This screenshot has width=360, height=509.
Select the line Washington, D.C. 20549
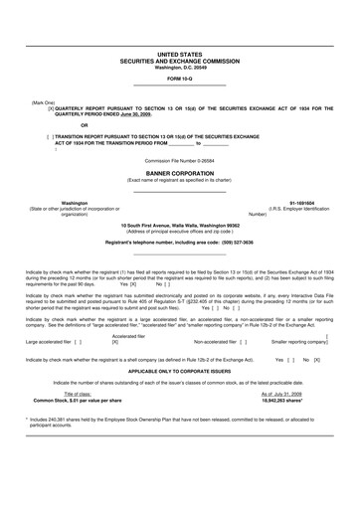pos(179,67)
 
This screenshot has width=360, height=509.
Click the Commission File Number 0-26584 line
pos(179,160)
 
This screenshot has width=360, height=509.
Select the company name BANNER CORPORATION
pos(179,172)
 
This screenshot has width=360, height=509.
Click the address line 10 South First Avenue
pos(179,227)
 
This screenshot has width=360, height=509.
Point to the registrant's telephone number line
pos(179,243)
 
